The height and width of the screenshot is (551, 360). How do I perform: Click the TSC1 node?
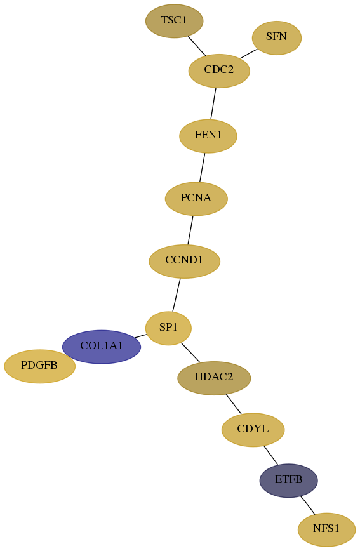click(174, 21)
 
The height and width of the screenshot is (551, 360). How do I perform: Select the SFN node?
click(276, 37)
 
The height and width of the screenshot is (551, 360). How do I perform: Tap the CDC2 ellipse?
click(219, 70)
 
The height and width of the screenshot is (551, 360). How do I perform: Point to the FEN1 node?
click(208, 136)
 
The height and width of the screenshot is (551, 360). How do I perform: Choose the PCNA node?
click(196, 199)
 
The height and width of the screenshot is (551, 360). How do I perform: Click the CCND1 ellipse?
click(184, 261)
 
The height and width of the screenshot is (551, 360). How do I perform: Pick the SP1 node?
click(168, 328)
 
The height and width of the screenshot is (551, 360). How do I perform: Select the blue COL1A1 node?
click(102, 347)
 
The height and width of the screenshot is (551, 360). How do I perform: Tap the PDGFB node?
click(39, 366)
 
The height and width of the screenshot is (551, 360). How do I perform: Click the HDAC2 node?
click(214, 378)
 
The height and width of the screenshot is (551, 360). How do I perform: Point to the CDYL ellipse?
click(253, 429)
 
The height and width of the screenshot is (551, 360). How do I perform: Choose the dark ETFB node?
click(289, 481)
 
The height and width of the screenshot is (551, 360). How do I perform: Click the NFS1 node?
click(326, 529)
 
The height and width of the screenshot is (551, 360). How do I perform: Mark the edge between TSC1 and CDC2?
click(197, 46)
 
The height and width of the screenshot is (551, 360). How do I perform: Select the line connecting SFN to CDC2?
click(249, 53)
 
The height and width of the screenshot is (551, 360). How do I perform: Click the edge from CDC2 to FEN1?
click(213, 103)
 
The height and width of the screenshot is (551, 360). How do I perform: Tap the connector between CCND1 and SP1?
click(177, 295)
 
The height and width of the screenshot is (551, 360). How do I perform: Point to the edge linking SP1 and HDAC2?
click(190, 352)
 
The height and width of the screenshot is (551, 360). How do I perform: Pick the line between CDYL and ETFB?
click(271, 455)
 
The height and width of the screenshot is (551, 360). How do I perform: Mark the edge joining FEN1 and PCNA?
click(202, 168)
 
